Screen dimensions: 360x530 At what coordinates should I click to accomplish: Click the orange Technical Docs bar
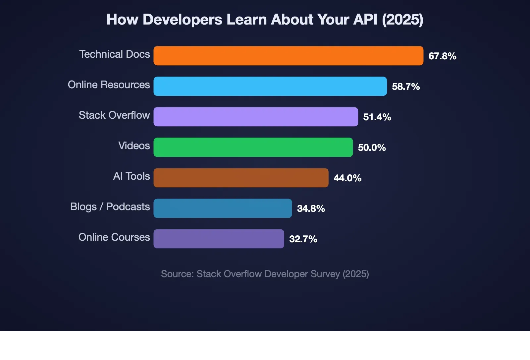pyautogui.click(x=288, y=56)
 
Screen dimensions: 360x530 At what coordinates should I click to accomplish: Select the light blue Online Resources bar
pyautogui.click(x=270, y=86)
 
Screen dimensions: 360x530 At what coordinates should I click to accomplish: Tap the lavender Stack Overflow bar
pyautogui.click(x=256, y=117)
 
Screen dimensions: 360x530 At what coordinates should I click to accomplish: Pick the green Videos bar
pyautogui.click(x=253, y=147)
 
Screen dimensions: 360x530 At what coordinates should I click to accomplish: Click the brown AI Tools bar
pyautogui.click(x=241, y=178)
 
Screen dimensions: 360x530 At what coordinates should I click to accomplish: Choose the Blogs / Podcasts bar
pyautogui.click(x=223, y=208)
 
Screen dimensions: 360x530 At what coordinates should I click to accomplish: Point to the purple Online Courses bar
pyautogui.click(x=219, y=239)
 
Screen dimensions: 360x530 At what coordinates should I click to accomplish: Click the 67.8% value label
pyautogui.click(x=442, y=56)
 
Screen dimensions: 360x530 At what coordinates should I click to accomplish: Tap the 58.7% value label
pyautogui.click(x=406, y=87)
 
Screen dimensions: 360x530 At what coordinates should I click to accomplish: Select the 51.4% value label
pyautogui.click(x=377, y=117)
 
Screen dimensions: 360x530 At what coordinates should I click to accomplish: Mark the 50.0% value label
pyautogui.click(x=372, y=148)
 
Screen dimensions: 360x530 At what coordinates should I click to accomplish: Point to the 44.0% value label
pyautogui.click(x=347, y=178)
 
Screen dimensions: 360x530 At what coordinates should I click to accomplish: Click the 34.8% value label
pyautogui.click(x=311, y=209)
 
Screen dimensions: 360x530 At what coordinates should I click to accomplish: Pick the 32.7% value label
pyautogui.click(x=303, y=239)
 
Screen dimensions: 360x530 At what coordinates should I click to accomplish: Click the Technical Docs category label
pyautogui.click(x=115, y=54)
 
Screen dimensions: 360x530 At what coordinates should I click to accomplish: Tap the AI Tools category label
pyautogui.click(x=132, y=176)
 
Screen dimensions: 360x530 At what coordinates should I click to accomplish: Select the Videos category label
pyautogui.click(x=134, y=146)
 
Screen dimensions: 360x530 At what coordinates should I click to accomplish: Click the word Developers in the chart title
pyautogui.click(x=183, y=20)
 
